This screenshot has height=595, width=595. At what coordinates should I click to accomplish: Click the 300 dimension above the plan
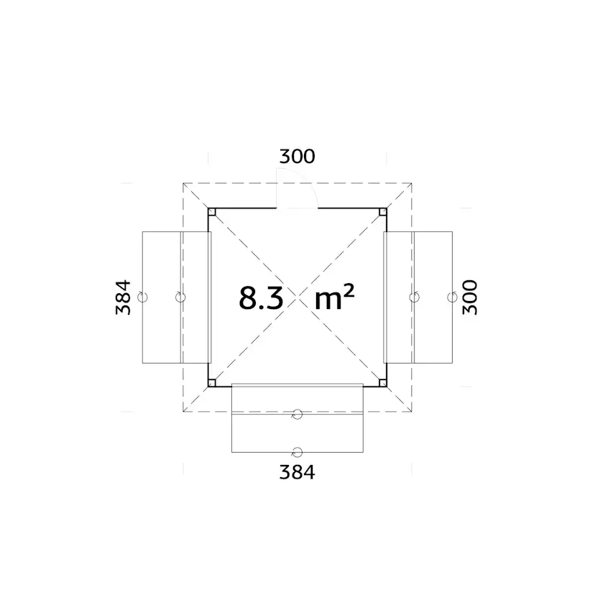(297, 157)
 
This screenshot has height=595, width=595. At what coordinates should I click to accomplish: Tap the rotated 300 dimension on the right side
(470, 297)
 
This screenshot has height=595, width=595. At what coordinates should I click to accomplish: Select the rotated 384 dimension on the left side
(124, 297)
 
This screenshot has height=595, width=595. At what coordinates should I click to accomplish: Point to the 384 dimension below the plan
(297, 472)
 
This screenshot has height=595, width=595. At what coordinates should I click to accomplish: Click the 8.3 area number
(262, 298)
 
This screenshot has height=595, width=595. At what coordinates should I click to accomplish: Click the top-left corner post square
(212, 212)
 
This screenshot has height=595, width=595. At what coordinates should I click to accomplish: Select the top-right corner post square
(383, 212)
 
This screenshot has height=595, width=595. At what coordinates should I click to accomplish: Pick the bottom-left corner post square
(212, 383)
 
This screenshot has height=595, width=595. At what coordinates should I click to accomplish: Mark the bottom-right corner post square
(383, 383)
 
